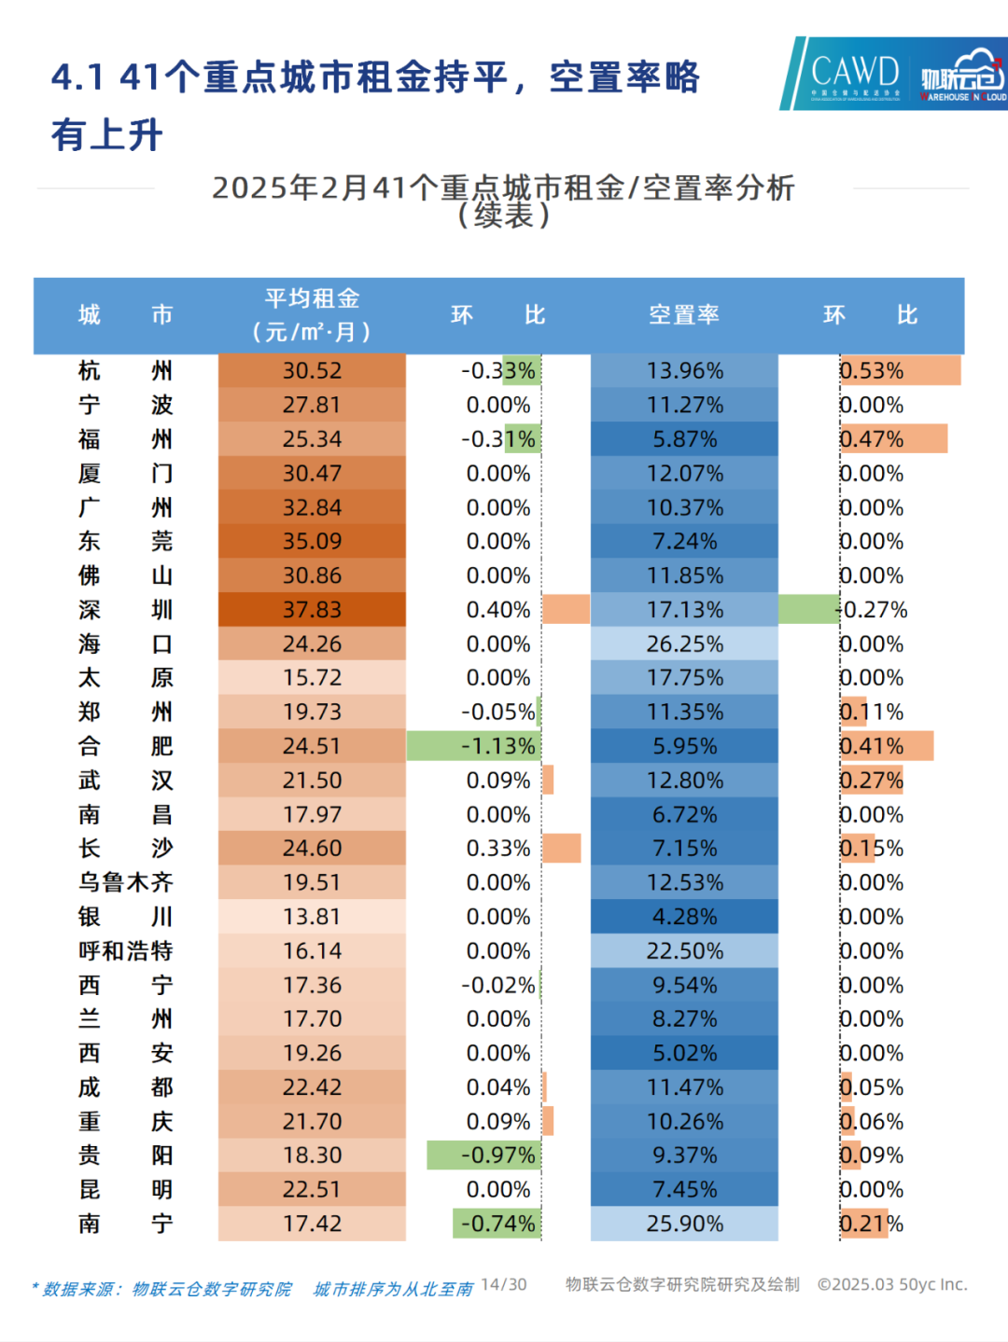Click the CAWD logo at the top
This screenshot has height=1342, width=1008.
coord(854,74)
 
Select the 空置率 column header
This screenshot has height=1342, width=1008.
coord(684,315)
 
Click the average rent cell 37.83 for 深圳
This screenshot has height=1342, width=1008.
coord(312,610)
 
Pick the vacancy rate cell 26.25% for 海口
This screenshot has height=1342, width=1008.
coord(684,644)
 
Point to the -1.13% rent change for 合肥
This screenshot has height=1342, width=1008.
coord(497,747)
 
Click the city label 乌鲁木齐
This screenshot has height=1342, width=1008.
coord(125,883)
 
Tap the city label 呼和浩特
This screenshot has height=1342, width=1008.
coord(125,951)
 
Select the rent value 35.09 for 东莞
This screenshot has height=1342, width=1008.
coord(312,542)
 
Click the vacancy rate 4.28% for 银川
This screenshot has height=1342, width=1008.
coord(684,918)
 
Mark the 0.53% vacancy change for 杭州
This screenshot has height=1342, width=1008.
coord(872,371)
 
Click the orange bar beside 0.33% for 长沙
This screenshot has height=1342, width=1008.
coord(562,849)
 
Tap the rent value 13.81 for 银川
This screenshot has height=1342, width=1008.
coord(312,918)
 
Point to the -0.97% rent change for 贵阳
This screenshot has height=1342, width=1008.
coord(497,1155)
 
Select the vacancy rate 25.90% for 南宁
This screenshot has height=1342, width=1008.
coord(684,1224)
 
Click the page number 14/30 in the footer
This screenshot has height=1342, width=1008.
coord(504,1285)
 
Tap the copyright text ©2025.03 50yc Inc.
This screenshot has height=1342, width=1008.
coord(892,1285)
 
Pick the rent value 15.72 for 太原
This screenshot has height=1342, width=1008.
coord(312,678)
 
